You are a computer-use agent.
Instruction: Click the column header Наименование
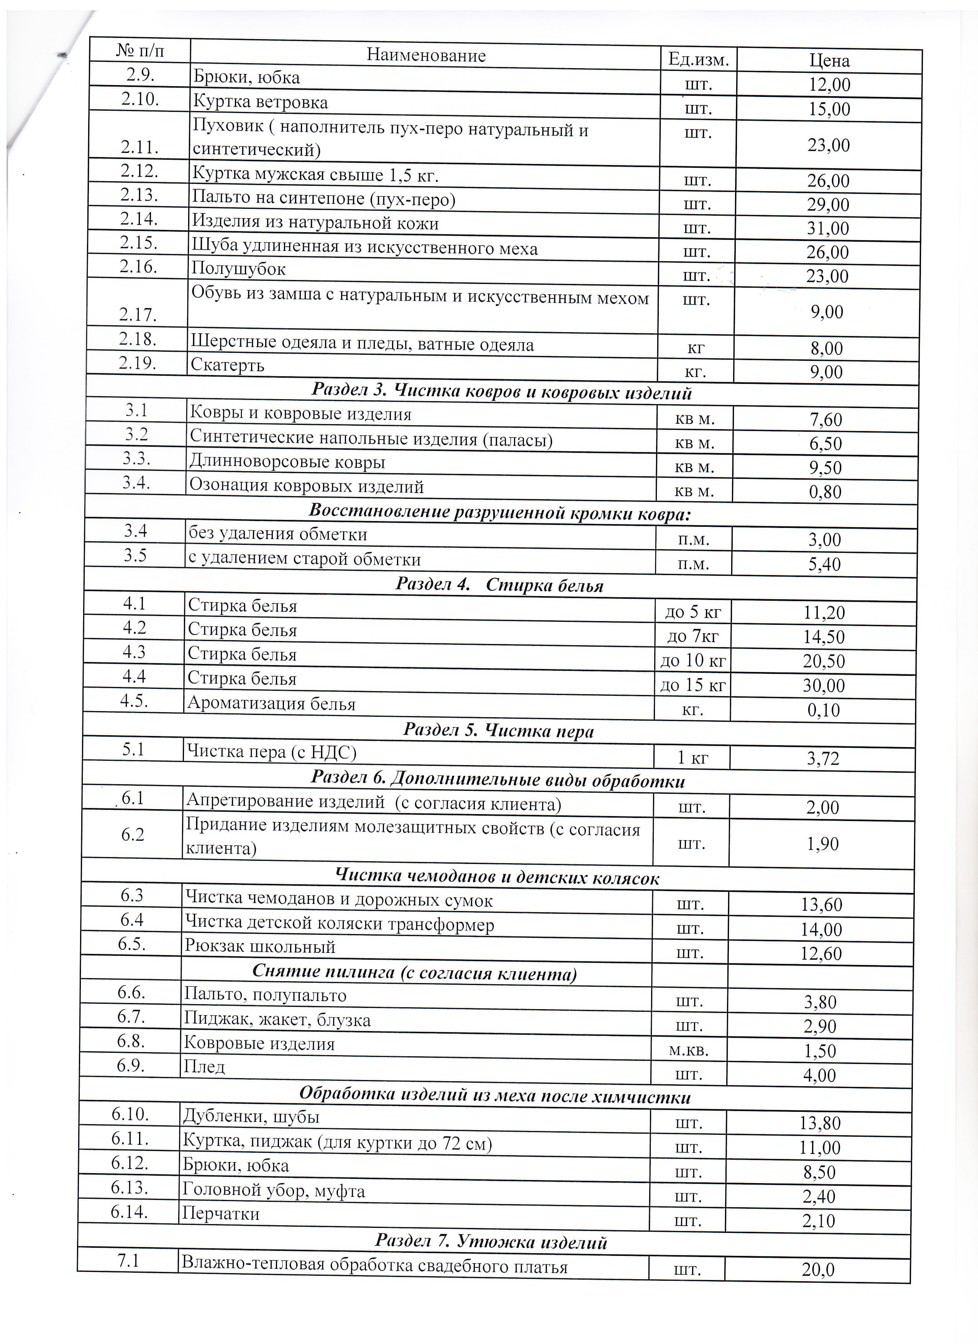426,56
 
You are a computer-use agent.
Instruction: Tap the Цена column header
829,61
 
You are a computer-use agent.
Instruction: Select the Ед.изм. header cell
698,59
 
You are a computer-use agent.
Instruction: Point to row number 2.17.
138,314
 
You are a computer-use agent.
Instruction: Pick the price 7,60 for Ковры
826,420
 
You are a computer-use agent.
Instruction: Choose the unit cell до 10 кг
693,660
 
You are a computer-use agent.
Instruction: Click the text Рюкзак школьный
260,946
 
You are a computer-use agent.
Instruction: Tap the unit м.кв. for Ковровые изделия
689,1051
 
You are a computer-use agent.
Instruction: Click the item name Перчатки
220,1214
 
